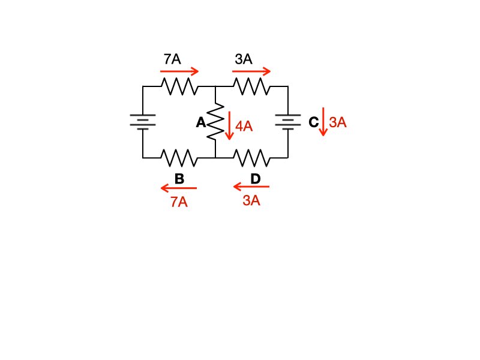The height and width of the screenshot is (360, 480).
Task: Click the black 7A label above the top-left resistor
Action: coord(172,59)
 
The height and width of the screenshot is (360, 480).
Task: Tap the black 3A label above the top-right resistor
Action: coord(244,59)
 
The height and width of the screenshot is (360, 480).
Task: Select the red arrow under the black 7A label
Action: coord(179,71)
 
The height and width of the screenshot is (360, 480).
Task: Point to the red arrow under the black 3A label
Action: coord(253,71)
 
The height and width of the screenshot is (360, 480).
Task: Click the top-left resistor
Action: coord(179,87)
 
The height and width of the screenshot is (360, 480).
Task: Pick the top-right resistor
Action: coord(251,87)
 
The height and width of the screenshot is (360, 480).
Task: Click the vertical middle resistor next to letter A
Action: coord(215,122)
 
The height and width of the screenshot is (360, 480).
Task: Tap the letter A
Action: coord(201,122)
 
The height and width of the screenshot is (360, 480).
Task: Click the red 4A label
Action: coord(244,126)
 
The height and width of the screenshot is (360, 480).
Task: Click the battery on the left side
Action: coord(143,122)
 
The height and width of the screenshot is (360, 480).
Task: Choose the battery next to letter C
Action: coord(287,122)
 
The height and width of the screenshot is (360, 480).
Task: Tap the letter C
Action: coord(313,122)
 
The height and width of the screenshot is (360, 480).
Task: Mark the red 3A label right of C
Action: coord(338,122)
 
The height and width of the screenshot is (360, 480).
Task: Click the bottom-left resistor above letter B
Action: coord(179,158)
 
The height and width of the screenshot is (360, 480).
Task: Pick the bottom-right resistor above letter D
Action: coord(251,158)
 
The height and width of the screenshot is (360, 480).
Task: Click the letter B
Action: coord(179,178)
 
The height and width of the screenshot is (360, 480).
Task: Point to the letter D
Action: coord(256,178)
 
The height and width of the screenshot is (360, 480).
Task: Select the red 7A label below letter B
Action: coord(179,202)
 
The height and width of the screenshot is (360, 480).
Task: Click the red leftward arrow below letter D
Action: coord(251,187)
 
